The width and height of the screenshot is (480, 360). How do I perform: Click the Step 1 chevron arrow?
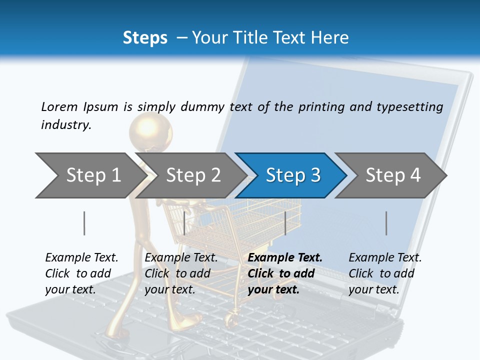coord(90,175)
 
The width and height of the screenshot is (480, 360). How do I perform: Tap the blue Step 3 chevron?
coord(292,175)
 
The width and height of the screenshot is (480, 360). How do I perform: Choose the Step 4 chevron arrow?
coord(392,175)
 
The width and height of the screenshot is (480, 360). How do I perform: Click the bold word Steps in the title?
coord(145,37)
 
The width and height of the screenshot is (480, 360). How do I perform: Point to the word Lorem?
coord(59,106)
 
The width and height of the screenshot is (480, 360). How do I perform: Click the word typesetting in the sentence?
coord(409,106)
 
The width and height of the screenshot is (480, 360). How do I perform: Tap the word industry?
coord(66,124)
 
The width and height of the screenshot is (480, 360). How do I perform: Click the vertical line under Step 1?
coord(84,223)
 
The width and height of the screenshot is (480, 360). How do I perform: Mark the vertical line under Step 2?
coord(184,223)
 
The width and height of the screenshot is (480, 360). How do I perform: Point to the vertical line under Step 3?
coord(285,223)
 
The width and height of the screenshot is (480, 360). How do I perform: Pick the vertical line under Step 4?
coord(386,223)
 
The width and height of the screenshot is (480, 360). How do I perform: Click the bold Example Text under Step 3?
coord(285,258)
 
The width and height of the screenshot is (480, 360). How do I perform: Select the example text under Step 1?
coord(81,273)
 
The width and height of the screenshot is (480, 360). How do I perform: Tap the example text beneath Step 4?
coord(385,273)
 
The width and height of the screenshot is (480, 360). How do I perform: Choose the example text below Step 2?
coord(181,273)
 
